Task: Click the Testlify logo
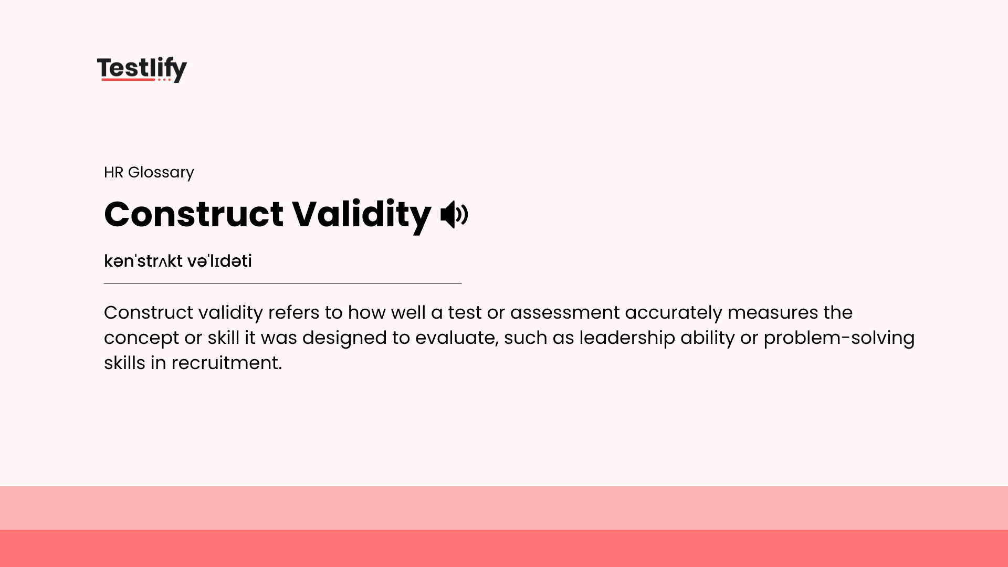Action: coord(142,69)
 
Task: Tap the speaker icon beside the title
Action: coord(454,215)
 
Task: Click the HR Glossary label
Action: coord(149,172)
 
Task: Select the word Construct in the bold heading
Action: coord(194,215)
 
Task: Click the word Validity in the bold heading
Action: coord(361,215)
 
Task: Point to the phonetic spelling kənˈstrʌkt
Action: coord(143,261)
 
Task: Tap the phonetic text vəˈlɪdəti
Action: coord(219,261)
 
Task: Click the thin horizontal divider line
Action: coord(282,283)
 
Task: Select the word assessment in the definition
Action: coord(564,313)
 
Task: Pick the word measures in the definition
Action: coord(772,313)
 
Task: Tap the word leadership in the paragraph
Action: coord(627,338)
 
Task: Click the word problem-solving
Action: coord(838,338)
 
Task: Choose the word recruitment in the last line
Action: coord(226,363)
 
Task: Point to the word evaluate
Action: coord(456,338)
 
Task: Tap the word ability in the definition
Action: coord(707,338)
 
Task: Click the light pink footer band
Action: coord(504,507)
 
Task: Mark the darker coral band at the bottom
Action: coord(504,548)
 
